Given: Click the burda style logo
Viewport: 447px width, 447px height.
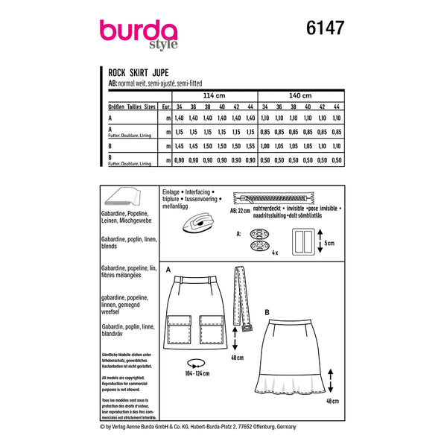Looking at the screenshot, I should (139, 34).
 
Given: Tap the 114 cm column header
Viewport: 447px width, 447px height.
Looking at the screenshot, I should (215, 96).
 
